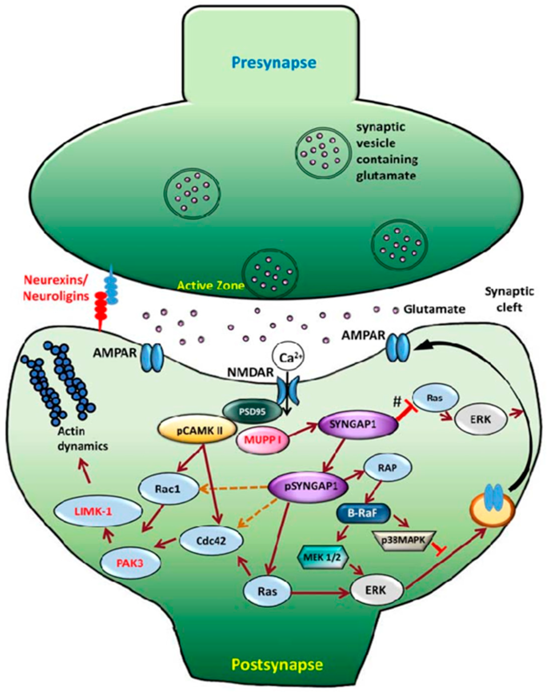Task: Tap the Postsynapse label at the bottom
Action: click(x=277, y=665)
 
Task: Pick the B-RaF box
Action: click(x=363, y=513)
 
